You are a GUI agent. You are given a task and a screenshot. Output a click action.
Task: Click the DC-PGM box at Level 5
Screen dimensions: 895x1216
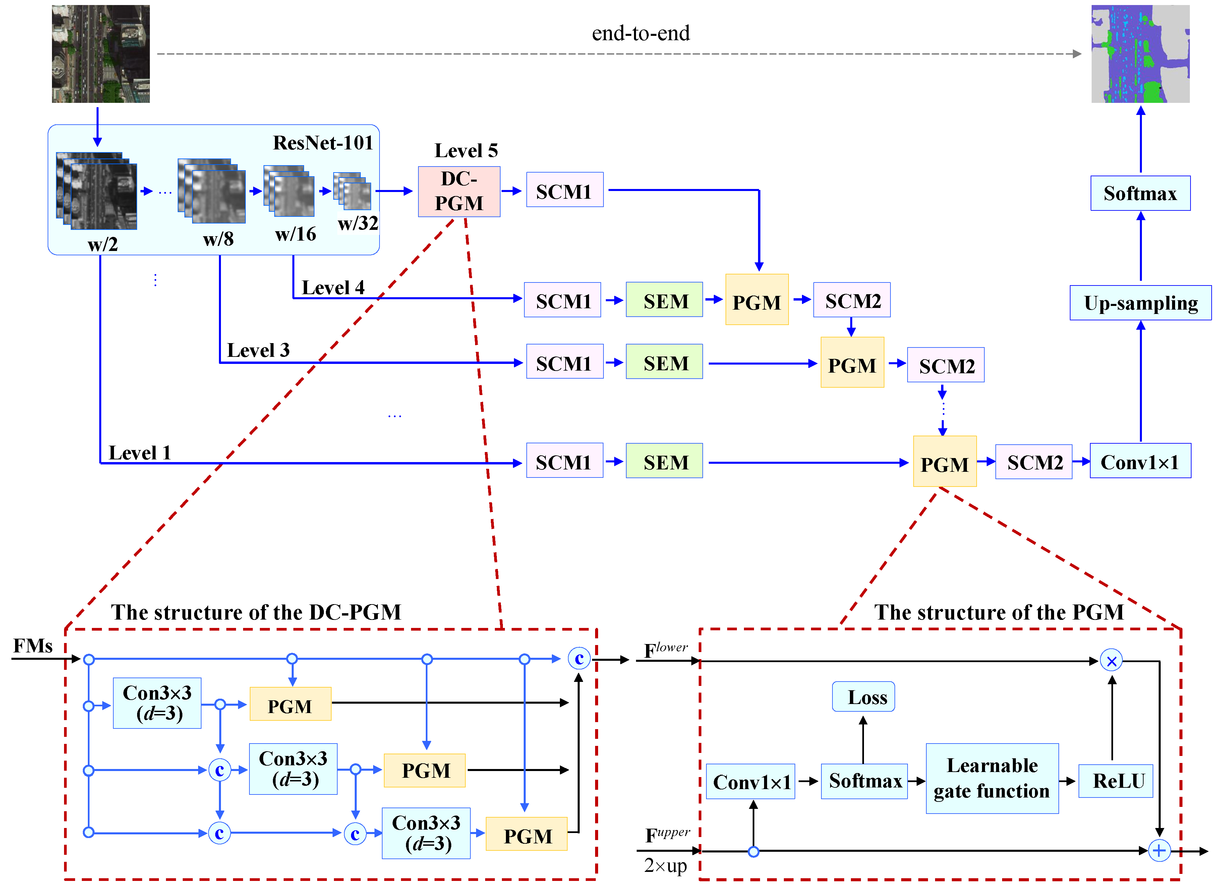(x=459, y=191)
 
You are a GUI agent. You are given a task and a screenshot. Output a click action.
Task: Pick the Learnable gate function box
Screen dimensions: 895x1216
(x=992, y=778)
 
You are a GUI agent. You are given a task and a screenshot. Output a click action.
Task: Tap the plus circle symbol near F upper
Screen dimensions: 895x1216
(x=1159, y=850)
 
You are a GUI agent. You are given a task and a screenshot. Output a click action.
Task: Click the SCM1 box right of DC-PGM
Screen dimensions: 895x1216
(x=564, y=190)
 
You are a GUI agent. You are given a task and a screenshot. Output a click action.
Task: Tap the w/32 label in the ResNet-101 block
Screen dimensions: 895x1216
(x=358, y=223)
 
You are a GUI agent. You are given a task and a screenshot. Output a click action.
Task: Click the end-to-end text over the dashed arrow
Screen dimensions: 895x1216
(x=640, y=34)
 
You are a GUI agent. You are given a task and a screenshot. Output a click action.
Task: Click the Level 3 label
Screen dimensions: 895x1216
(x=258, y=350)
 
